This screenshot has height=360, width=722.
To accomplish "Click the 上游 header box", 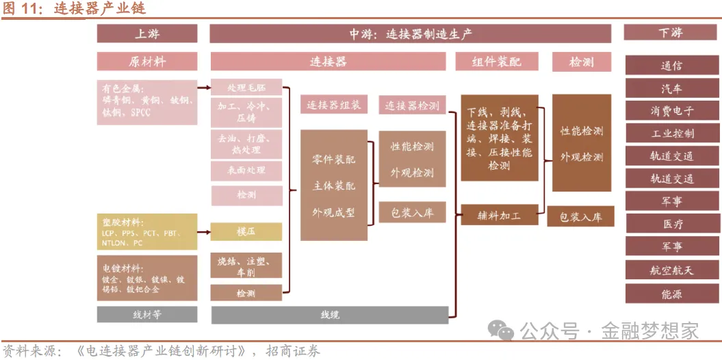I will [147, 34].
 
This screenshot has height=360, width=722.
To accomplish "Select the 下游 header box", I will [671, 33].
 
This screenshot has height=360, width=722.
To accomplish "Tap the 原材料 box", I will [147, 62].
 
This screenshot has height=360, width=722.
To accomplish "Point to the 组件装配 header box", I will [496, 62].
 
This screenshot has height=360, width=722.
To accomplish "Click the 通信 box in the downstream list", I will [671, 66].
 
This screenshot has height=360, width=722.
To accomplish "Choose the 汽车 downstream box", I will [671, 88].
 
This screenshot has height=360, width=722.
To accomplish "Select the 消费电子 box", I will [671, 111].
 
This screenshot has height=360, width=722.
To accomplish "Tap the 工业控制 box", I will [671, 133].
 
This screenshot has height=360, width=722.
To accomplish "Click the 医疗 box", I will [671, 224].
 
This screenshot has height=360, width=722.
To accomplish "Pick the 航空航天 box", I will [671, 270].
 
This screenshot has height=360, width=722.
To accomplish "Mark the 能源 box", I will [671, 294].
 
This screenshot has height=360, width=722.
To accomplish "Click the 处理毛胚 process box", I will [246, 88].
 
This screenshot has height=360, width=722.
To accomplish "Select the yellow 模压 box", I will [246, 231].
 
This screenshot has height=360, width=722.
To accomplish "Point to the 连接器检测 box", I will [411, 105].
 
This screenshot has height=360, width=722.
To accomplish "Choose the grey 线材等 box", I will [147, 315].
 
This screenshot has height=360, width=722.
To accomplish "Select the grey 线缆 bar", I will [330, 315].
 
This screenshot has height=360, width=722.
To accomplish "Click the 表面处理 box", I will [246, 170].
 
